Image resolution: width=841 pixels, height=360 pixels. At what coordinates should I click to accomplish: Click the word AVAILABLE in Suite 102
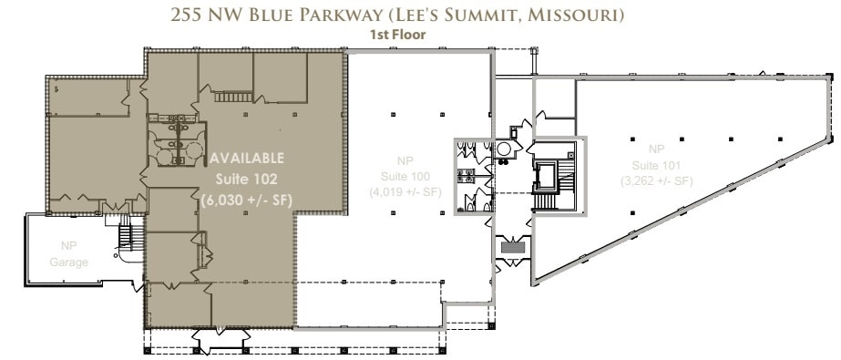[247, 158]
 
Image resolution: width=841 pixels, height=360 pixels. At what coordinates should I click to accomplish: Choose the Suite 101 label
[657, 165]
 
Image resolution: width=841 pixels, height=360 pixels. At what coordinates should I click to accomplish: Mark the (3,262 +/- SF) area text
[657, 181]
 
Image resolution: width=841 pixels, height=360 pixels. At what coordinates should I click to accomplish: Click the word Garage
[69, 262]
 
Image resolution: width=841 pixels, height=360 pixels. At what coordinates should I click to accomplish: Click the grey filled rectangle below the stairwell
[514, 246]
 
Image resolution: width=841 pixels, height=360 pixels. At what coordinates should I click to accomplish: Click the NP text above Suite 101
[656, 149]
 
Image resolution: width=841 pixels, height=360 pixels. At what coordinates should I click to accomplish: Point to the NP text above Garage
[68, 245]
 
